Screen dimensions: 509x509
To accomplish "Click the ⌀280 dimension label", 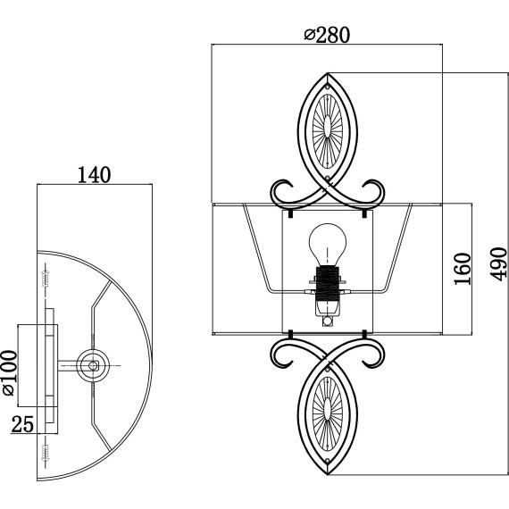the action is coord(327,35).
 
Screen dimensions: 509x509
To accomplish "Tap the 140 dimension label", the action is coord(94,175).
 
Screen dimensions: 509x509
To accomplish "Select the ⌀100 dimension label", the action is coord(10,373).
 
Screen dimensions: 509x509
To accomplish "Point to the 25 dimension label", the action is coord(22,424).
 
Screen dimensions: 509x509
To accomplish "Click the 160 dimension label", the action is coord(463,269).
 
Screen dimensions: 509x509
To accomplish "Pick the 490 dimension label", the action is coord(498,264).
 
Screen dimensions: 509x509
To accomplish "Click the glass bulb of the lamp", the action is coord(328,245).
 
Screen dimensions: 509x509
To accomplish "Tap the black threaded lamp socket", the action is coord(328,283).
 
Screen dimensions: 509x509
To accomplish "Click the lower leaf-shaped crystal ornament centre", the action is coord(328,413).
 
